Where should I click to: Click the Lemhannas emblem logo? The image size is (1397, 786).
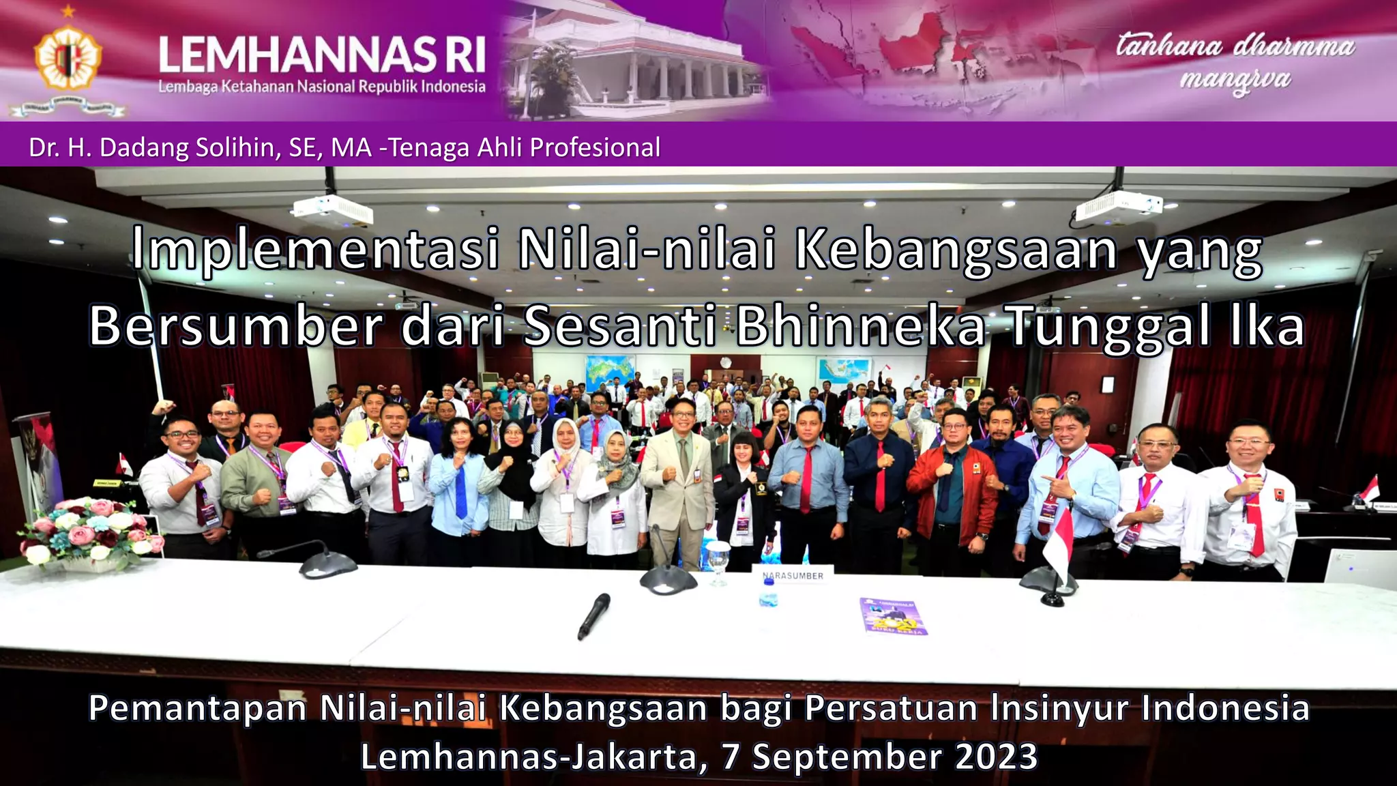pos(68,58)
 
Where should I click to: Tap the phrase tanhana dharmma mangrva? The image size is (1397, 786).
pos(1235,61)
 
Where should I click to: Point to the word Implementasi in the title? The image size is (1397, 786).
pos(315,250)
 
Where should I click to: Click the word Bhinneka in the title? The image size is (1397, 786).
pos(860,326)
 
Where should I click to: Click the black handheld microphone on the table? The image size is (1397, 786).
pos(593,615)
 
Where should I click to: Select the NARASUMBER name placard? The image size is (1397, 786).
pos(793,575)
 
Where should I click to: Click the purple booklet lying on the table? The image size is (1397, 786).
pos(894,616)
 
